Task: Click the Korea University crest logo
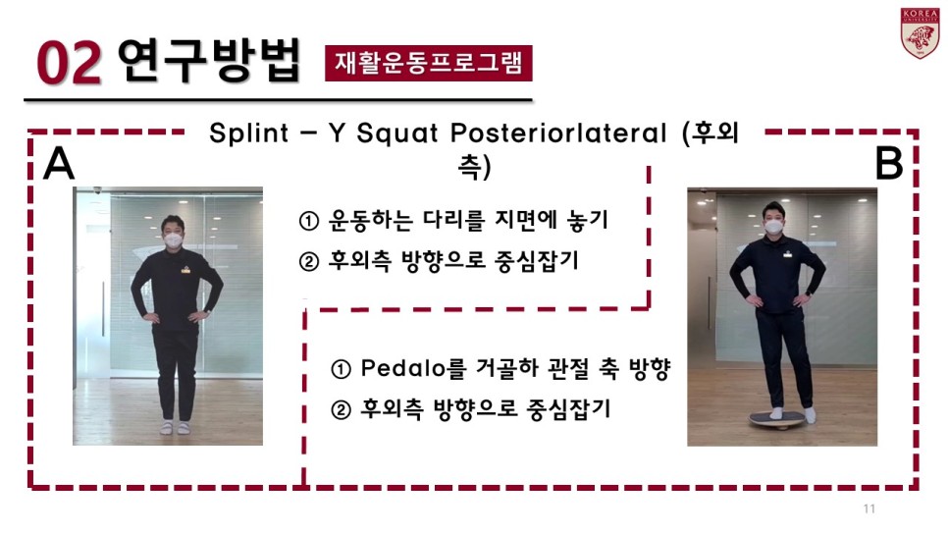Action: click(920, 33)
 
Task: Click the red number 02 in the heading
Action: click(69, 63)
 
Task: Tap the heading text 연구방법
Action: click(209, 60)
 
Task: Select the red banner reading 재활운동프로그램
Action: click(429, 63)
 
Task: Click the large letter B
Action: click(889, 163)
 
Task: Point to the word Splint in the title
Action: click(248, 133)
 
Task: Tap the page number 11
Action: click(869, 508)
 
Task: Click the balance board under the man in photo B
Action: click(777, 420)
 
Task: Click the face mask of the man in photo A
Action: click(174, 240)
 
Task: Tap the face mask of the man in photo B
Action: click(774, 228)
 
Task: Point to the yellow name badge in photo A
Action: click(185, 271)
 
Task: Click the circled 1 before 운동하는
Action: click(309, 221)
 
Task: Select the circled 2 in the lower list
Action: click(341, 410)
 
